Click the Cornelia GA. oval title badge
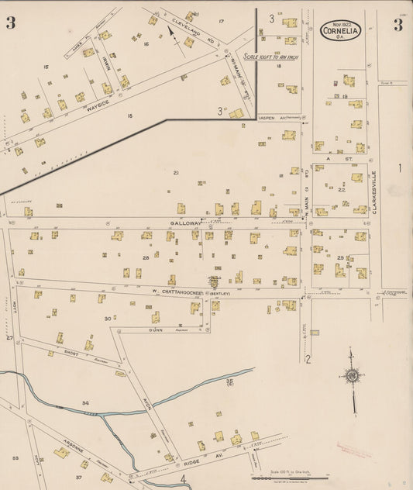pyautogui.click(x=339, y=30)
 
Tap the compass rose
pyautogui.click(x=352, y=377)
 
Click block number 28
pyautogui.click(x=145, y=257)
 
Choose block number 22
pyautogui.click(x=342, y=188)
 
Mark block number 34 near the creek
pyautogui.click(x=86, y=403)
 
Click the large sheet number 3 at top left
pyautogui.click(x=11, y=22)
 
